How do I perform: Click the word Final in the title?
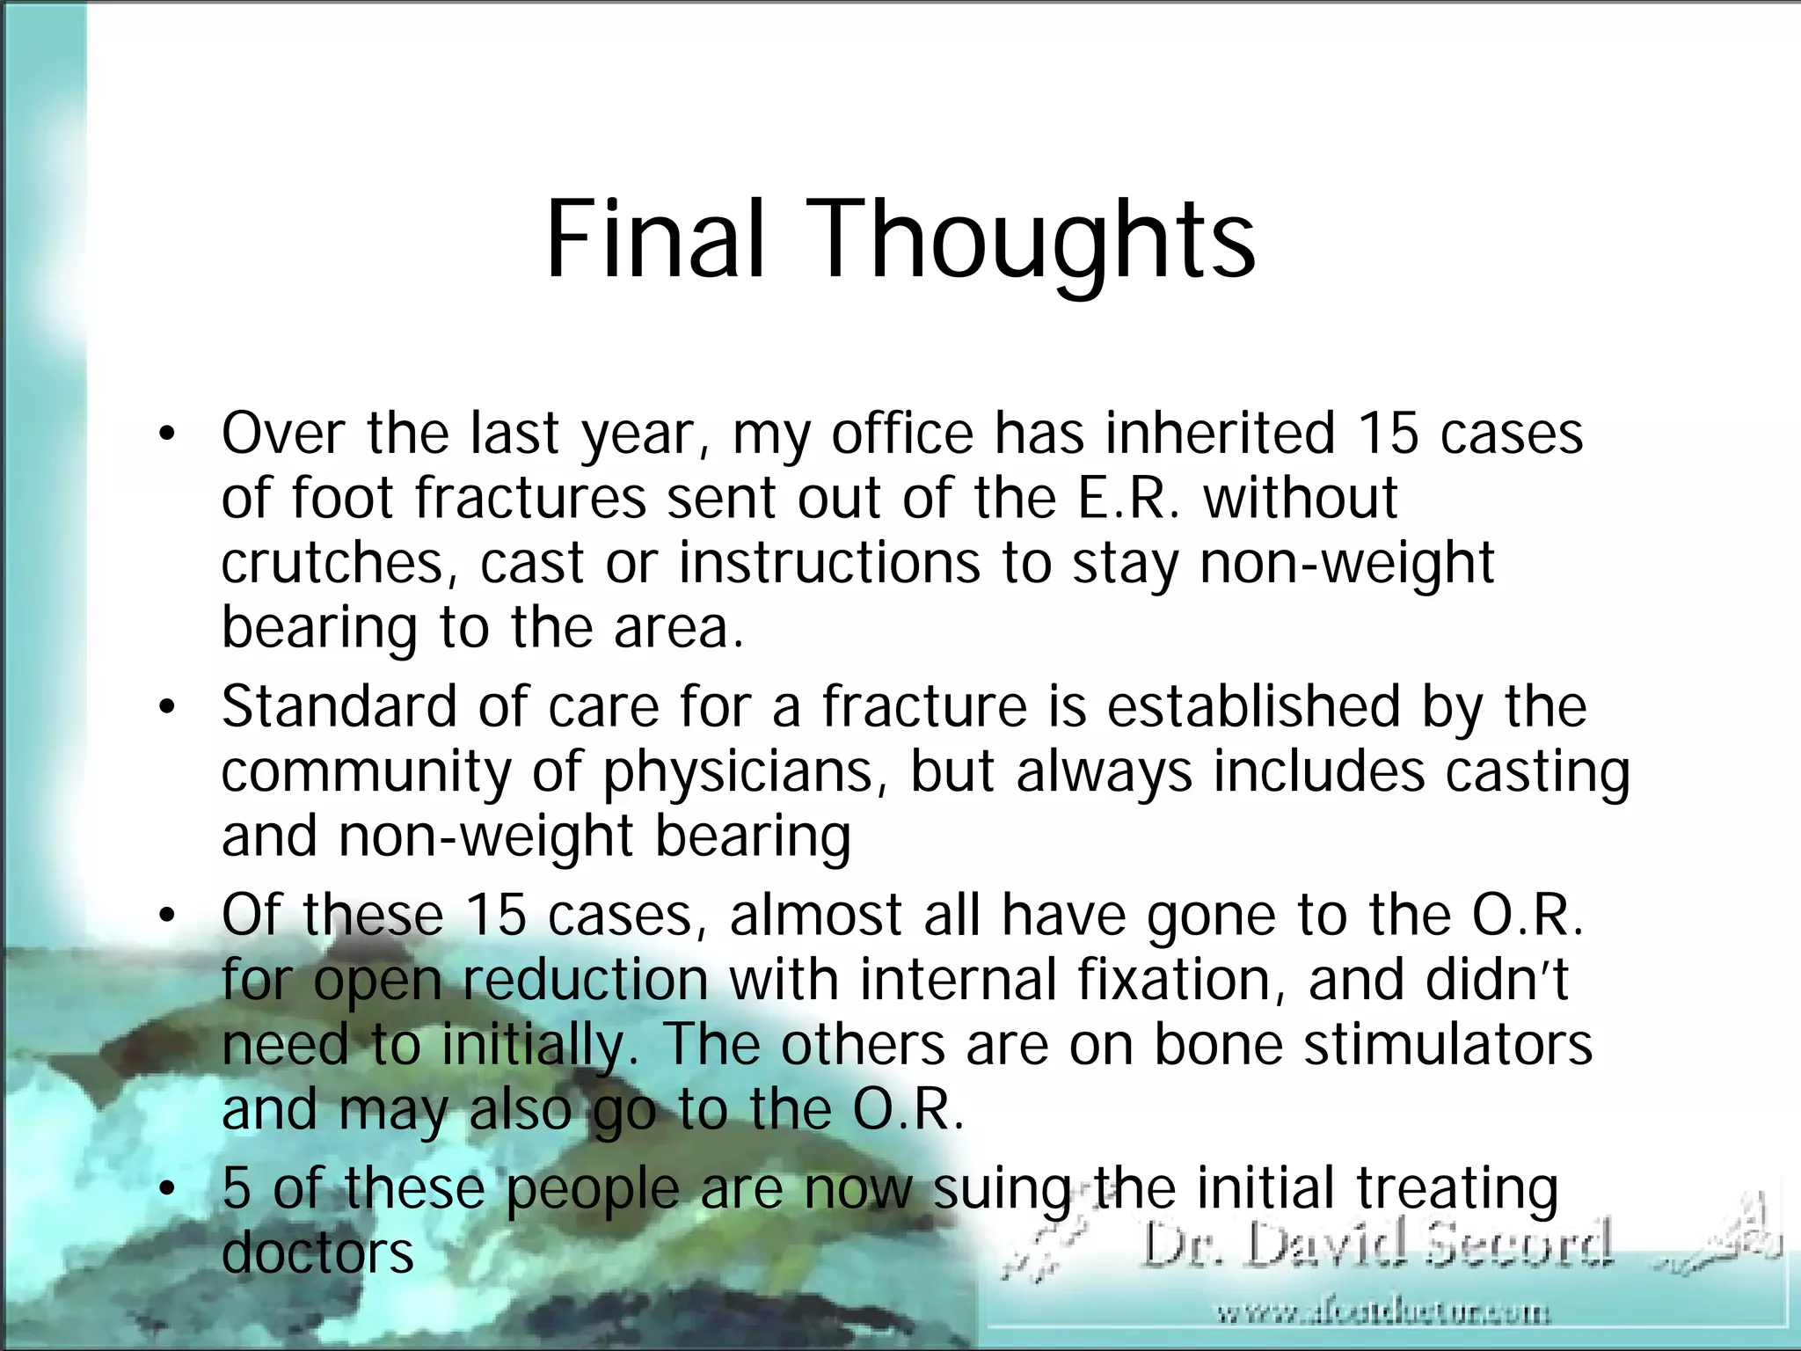(654, 239)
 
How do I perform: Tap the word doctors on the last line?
(317, 1253)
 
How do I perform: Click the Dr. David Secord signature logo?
(1376, 1244)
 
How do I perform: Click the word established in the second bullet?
(1253, 707)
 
